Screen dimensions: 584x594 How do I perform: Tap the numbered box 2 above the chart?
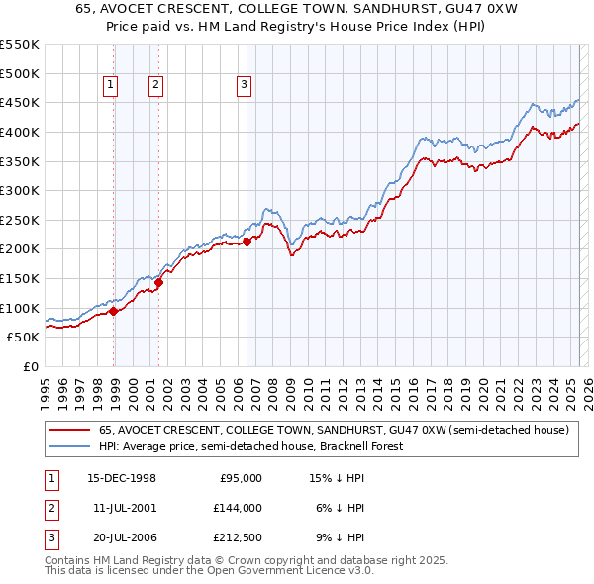(x=156, y=86)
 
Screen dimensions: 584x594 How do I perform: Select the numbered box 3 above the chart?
(x=244, y=86)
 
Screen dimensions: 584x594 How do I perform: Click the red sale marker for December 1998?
(x=114, y=311)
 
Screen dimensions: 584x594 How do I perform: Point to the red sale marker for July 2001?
(x=158, y=282)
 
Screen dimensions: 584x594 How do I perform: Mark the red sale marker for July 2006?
(x=247, y=243)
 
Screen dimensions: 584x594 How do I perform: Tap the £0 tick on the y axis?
(x=31, y=366)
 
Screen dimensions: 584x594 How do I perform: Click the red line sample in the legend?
(x=68, y=431)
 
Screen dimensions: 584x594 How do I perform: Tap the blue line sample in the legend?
(x=68, y=446)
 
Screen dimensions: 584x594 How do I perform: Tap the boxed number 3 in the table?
(x=50, y=537)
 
